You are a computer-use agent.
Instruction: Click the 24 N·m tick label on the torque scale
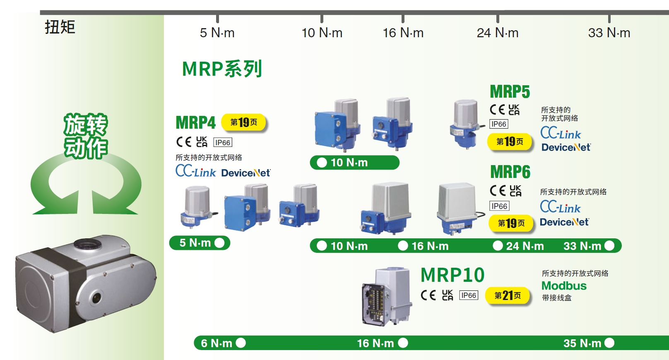[498, 33]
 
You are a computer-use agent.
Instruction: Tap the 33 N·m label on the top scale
[609, 33]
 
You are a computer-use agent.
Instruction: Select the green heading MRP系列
[222, 69]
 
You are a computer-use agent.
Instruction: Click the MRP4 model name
[196, 122]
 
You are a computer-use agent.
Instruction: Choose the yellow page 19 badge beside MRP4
[243, 122]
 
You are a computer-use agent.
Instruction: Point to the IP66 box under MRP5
[499, 124]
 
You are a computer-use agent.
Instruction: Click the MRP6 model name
[510, 172]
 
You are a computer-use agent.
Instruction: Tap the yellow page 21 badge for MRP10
[508, 295]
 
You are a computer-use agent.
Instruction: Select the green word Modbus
[564, 286]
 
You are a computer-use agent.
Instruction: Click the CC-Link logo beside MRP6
[560, 206]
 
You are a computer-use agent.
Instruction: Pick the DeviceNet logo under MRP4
[246, 173]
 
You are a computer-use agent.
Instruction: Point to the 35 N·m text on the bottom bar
[582, 343]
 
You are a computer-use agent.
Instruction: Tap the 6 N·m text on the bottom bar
[217, 343]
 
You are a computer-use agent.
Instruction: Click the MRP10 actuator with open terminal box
[387, 296]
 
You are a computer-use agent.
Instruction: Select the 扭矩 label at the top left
[60, 27]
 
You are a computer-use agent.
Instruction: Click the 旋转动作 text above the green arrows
[86, 136]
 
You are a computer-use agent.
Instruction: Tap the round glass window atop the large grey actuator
[88, 244]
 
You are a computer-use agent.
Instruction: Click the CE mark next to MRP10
[428, 295]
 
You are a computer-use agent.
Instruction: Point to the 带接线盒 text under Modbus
[557, 298]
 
